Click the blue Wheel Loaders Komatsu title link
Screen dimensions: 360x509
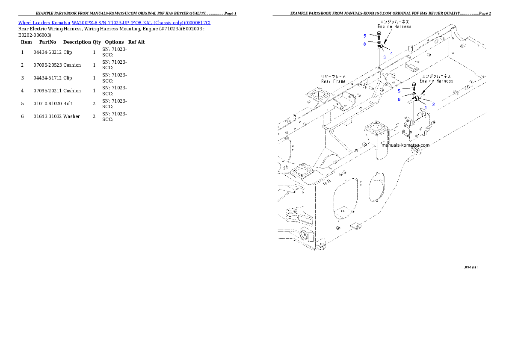pyautogui.click(x=114, y=23)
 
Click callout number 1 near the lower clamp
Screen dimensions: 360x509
pyautogui.click(x=426, y=108)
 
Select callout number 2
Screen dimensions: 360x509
pyautogui.click(x=433, y=104)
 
